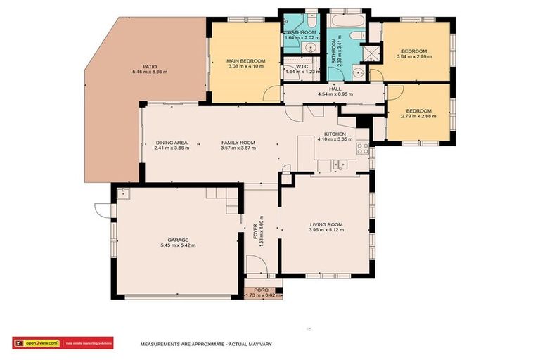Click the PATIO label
click(x=150, y=66)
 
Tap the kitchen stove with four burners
click(x=363, y=148)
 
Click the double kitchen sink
click(x=339, y=165)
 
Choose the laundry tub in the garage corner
click(x=123, y=191)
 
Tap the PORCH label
click(x=263, y=289)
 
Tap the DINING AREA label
click(x=172, y=143)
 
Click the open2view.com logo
click(x=36, y=343)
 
